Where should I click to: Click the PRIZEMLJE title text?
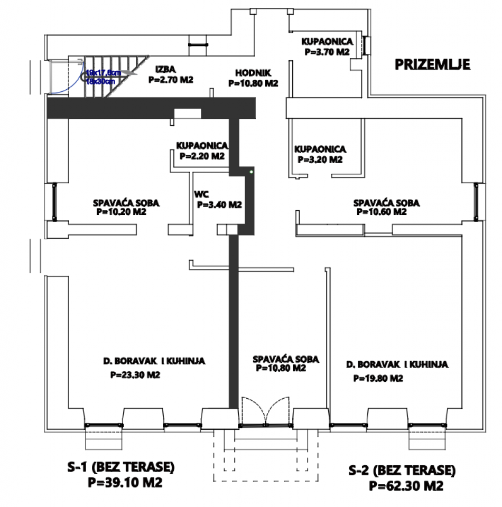click(432, 64)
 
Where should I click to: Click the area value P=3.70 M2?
click(327, 52)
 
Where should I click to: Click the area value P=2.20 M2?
click(201, 156)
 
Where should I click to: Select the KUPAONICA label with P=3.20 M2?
click(320, 149)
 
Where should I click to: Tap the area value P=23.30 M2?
click(135, 375)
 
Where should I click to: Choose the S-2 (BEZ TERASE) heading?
click(402, 470)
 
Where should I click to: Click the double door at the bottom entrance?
click(266, 411)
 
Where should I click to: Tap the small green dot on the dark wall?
click(252, 171)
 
